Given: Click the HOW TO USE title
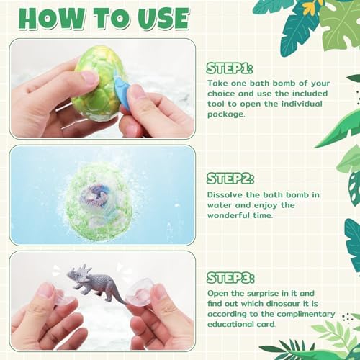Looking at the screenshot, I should (x=100, y=18).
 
